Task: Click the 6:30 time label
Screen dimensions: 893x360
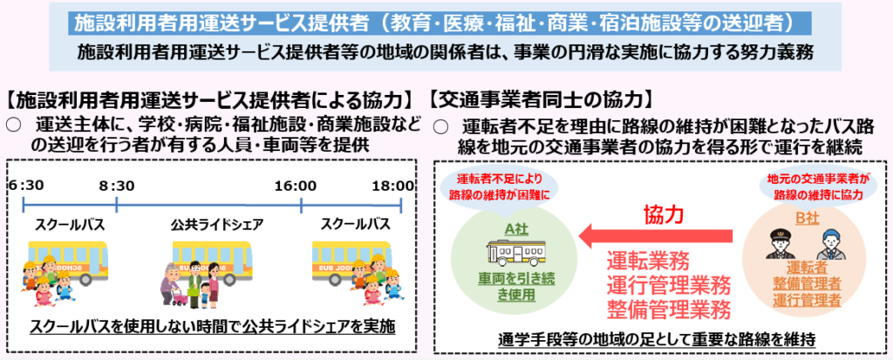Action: coord(26,186)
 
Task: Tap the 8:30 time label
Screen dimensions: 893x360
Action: coord(116,186)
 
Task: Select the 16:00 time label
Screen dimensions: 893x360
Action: coord(295,186)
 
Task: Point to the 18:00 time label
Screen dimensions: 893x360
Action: coord(393,186)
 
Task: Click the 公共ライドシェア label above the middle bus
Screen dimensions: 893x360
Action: coord(217,224)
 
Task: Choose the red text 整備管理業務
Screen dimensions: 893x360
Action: coord(668,309)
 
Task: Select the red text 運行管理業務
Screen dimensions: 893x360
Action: coord(668,285)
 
